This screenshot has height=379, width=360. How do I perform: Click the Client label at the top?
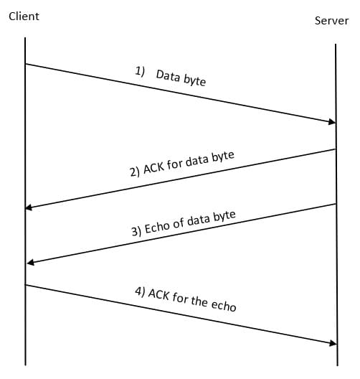[x=24, y=16]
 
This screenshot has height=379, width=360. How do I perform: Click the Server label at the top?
[x=332, y=21]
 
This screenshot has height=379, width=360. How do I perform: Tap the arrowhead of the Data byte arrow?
[x=331, y=122]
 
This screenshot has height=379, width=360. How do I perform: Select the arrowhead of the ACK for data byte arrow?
[x=29, y=207]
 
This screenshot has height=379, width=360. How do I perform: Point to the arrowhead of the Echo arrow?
[x=29, y=263]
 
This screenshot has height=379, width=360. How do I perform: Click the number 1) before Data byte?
[x=140, y=70]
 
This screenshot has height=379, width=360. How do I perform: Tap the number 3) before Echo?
[x=136, y=231]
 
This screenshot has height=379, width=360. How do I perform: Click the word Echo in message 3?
[x=157, y=228]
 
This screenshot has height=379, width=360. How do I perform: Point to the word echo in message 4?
[x=224, y=304]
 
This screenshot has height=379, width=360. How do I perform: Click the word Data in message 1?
[x=168, y=75]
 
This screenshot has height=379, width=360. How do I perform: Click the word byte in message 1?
[x=194, y=80]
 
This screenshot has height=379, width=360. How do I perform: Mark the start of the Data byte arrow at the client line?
[x=26, y=64]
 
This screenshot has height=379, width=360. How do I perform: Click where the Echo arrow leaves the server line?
[x=336, y=204]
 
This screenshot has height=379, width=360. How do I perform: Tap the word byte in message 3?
[x=224, y=215]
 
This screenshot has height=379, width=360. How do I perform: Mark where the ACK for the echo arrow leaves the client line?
[x=26, y=285]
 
